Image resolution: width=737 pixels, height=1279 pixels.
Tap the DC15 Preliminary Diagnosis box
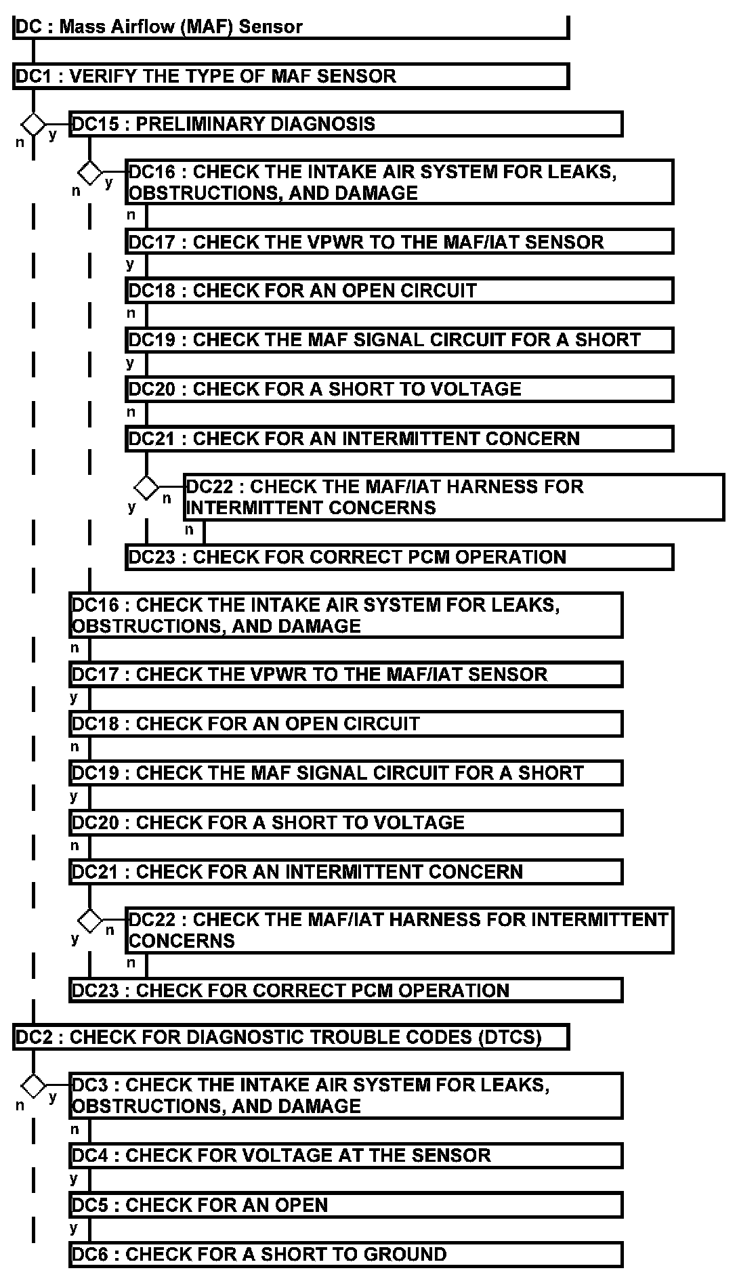click(345, 124)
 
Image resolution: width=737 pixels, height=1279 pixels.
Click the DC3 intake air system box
click(345, 1095)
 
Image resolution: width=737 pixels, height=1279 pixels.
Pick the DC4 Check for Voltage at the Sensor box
click(345, 1155)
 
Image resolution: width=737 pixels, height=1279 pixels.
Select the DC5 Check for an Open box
click(345, 1205)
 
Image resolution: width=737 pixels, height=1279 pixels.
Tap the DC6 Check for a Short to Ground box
click(345, 1254)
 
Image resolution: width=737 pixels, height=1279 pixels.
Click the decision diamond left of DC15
click(33, 125)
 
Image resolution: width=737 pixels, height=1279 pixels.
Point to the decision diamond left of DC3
click(33, 1086)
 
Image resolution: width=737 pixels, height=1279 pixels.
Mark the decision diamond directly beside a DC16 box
click(89, 173)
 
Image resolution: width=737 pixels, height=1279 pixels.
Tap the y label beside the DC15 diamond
click(53, 135)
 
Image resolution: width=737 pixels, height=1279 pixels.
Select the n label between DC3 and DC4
click(75, 1129)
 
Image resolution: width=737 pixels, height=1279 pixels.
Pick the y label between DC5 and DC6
click(74, 1228)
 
